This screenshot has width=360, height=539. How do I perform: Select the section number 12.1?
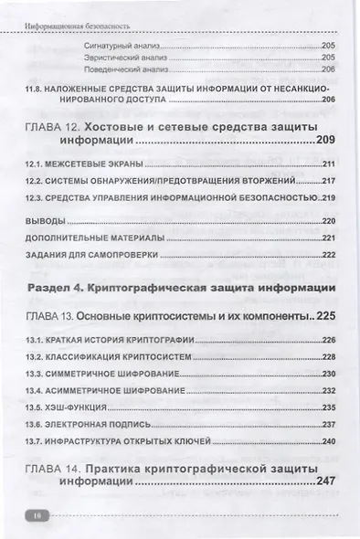(37, 164)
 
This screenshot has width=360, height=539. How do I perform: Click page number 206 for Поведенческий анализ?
(328, 69)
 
